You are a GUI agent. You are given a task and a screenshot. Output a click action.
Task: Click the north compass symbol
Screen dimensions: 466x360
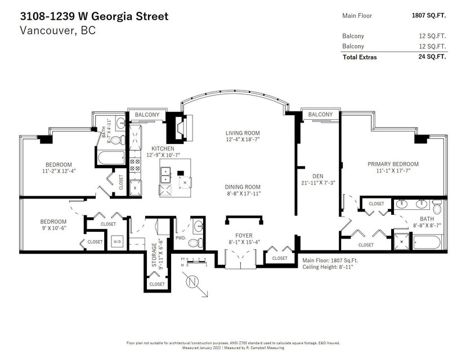point(192,282)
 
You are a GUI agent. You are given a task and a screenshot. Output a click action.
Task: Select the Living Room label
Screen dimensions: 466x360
point(243,133)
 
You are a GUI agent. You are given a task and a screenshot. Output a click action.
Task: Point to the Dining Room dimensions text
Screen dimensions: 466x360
point(243,193)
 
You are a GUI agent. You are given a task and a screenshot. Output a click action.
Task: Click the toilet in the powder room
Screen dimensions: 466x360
point(195,242)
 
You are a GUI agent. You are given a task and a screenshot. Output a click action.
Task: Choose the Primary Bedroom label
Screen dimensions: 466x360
point(393,164)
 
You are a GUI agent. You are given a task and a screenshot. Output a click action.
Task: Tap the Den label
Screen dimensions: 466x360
point(317,176)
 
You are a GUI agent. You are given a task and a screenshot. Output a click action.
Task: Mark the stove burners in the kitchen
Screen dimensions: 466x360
point(135,165)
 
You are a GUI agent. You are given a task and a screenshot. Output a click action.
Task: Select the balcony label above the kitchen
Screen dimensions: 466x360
point(147,115)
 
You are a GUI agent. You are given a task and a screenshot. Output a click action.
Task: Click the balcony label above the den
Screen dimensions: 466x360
point(320,114)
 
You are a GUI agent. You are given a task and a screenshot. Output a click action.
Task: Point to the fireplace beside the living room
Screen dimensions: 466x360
point(181,128)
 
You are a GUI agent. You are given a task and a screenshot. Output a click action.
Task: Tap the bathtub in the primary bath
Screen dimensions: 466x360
point(427,242)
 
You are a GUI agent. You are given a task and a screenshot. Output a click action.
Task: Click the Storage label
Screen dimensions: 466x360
point(154,255)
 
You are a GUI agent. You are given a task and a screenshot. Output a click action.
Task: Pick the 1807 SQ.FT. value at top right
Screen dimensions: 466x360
point(429,15)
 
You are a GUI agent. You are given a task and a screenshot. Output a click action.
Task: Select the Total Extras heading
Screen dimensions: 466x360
point(360,57)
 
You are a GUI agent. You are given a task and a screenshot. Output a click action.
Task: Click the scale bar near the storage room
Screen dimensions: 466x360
point(194,262)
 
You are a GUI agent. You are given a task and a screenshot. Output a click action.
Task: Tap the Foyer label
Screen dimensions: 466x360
point(244,236)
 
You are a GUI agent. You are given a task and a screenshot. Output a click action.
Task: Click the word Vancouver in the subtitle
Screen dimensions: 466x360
point(46,30)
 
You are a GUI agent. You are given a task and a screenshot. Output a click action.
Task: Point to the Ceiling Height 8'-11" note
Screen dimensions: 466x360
point(328,267)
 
